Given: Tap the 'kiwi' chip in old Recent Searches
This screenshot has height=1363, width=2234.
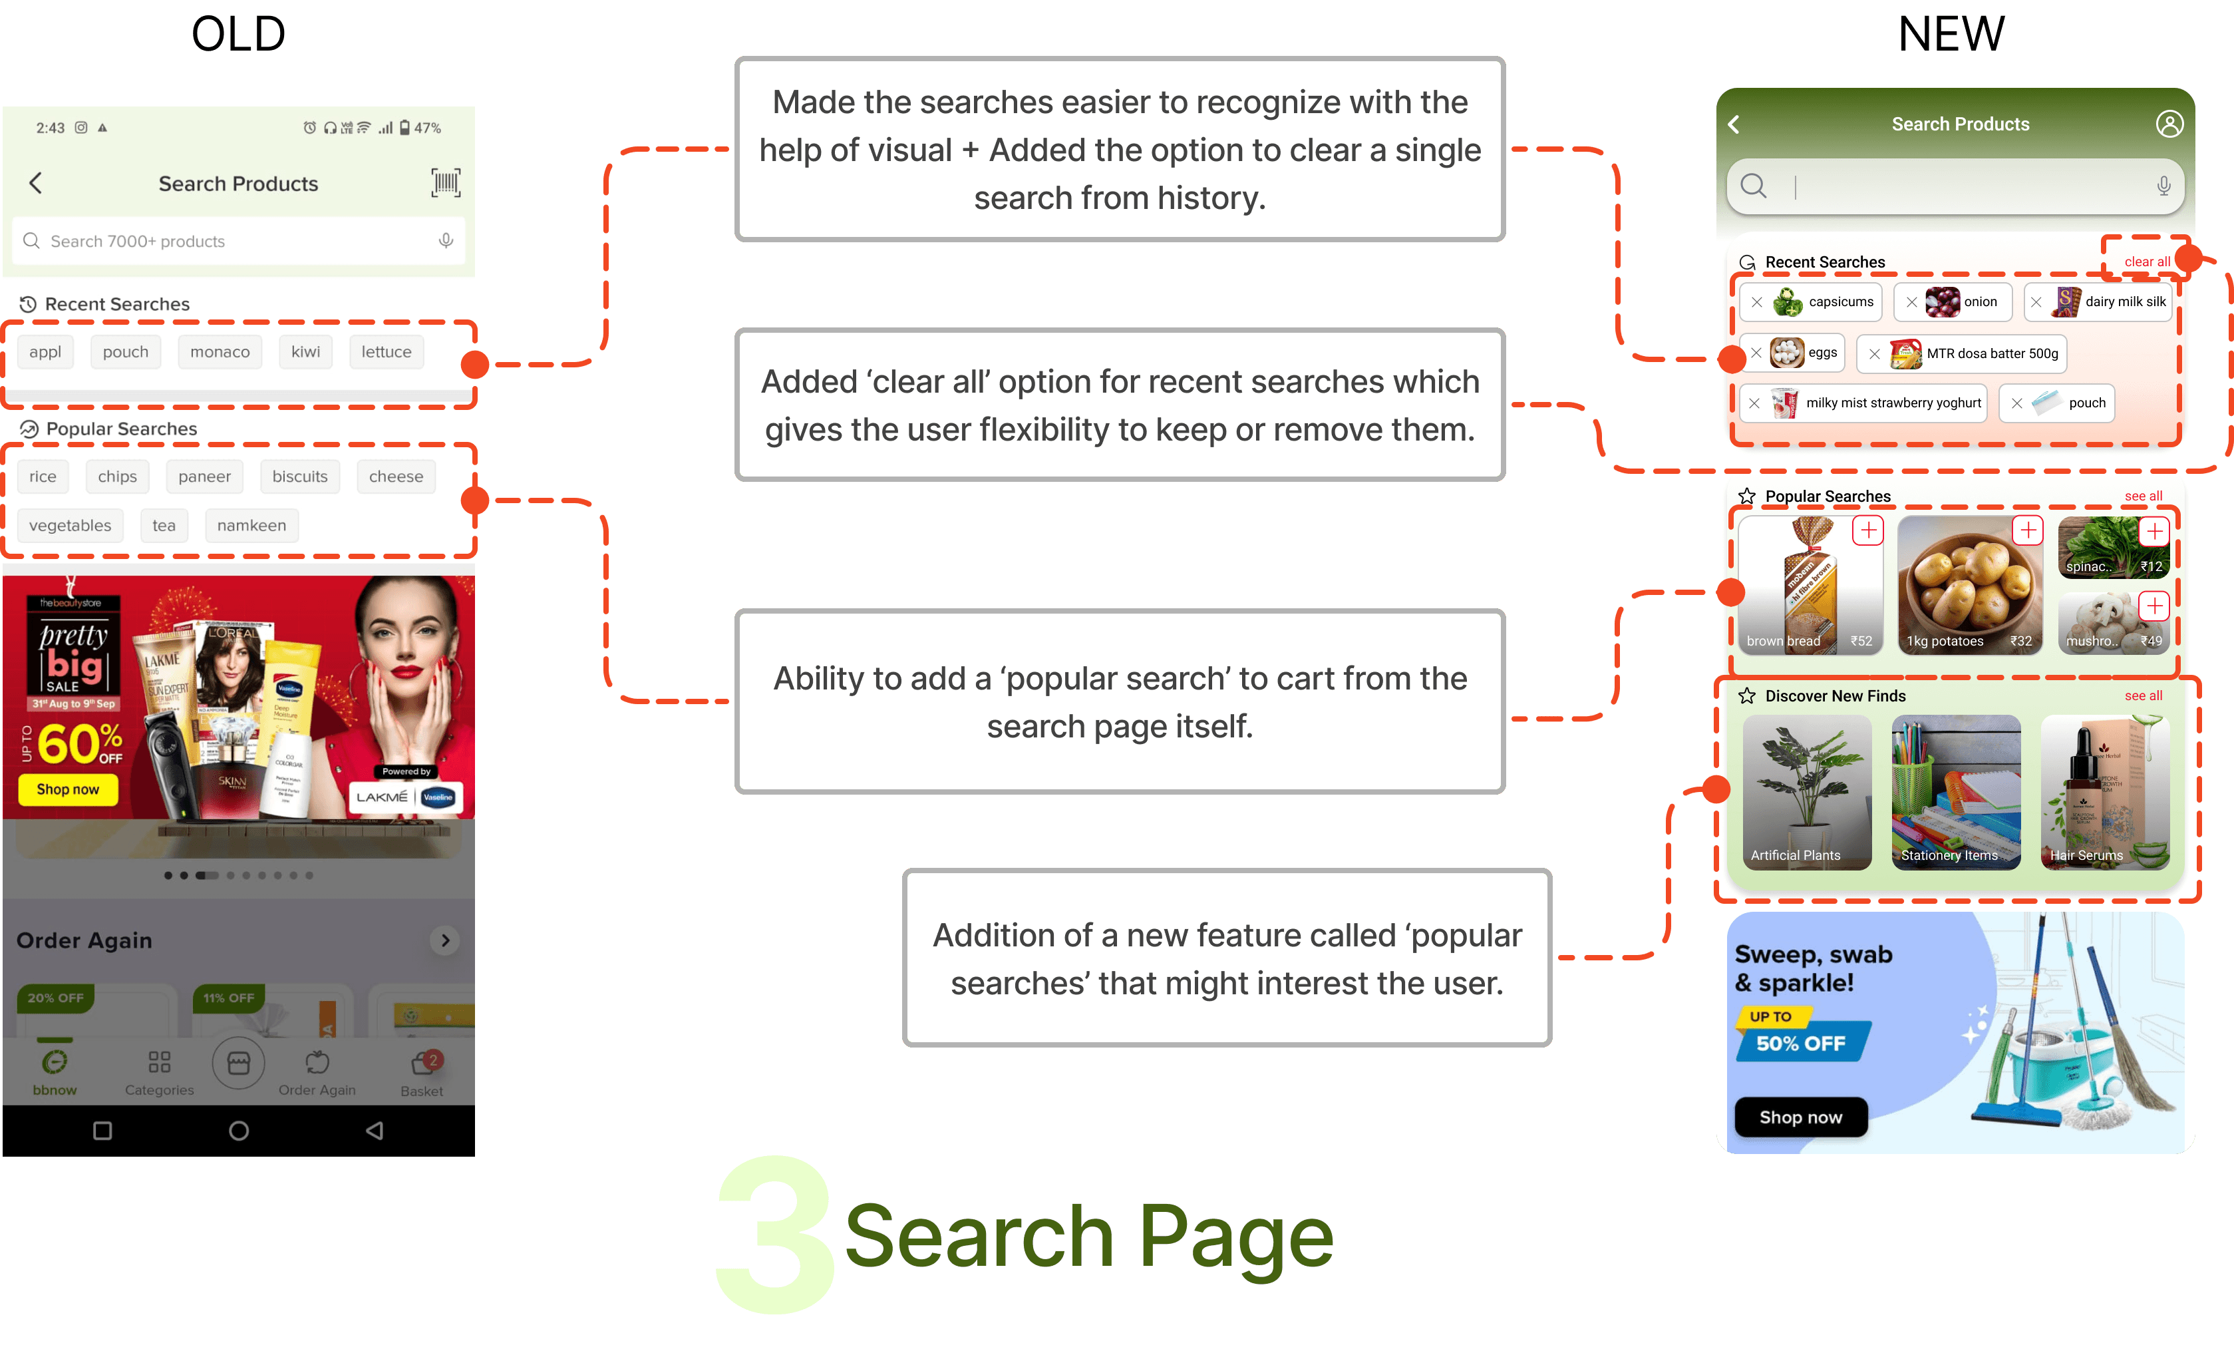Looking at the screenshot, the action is tap(305, 352).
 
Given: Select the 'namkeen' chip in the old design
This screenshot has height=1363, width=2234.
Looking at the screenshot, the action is tap(251, 525).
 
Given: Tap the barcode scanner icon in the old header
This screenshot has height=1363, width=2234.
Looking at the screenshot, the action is tap(445, 182).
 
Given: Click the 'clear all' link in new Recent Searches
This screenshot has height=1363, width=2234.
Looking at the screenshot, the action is tap(2146, 261).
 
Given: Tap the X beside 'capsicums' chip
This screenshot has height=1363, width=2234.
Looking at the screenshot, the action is tap(1757, 302).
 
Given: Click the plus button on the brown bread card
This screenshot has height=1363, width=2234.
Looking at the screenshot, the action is tap(1867, 530).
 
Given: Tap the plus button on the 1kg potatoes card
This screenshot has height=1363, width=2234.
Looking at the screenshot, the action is tap(2027, 530).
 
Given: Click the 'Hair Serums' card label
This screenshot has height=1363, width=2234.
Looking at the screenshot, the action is tap(2086, 855).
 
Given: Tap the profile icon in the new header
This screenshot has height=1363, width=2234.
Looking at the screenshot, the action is tap(2169, 124).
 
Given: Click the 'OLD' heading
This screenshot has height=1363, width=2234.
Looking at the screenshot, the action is tap(238, 35).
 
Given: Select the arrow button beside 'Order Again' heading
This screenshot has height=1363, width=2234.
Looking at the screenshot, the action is tap(445, 940).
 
